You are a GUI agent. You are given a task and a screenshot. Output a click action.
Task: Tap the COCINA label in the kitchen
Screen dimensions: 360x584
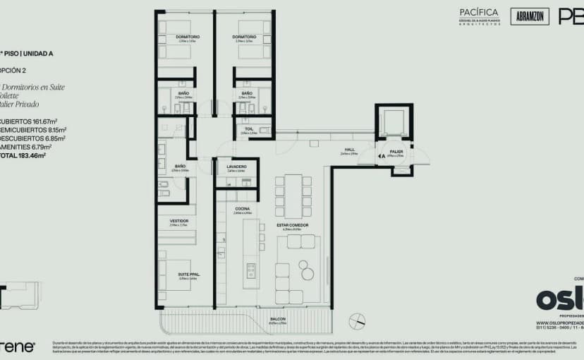pyautogui.click(x=243, y=208)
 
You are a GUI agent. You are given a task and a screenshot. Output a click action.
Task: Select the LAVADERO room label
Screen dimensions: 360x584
pyautogui.click(x=236, y=167)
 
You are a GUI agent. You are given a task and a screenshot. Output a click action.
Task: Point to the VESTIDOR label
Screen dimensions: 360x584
pyautogui.click(x=178, y=221)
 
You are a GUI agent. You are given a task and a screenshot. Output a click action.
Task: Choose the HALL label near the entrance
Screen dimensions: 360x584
pyautogui.click(x=349, y=150)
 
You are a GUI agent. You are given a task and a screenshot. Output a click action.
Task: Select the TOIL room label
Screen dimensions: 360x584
pyautogui.click(x=249, y=128)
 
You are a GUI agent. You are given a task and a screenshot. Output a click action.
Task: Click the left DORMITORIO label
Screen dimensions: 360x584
pyautogui.click(x=188, y=37)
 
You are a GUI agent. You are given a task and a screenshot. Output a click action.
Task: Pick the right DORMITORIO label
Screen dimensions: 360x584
pyautogui.click(x=244, y=37)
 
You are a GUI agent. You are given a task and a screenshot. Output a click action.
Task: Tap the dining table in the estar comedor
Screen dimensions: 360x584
pyautogui.click(x=293, y=196)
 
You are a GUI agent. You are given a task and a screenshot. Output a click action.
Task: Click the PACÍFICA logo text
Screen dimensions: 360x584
pyautogui.click(x=479, y=13)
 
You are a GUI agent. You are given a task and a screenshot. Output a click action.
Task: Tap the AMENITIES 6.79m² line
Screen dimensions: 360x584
pyautogui.click(x=32, y=147)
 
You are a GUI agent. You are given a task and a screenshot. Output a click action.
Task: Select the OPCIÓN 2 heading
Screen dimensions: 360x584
pyautogui.click(x=13, y=71)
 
